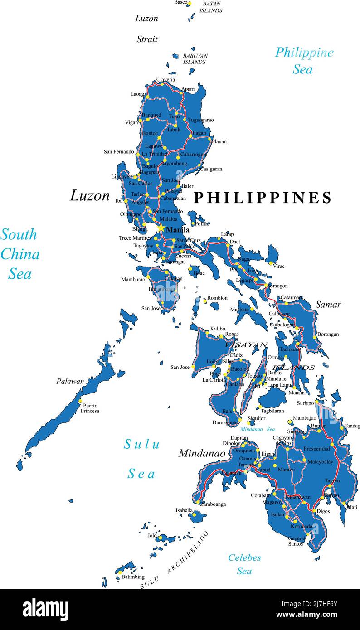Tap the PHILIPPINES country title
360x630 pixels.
[x=263, y=198]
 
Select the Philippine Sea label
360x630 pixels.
[x=304, y=61]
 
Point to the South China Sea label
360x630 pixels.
[x=19, y=254]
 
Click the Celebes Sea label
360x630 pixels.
[x=244, y=564]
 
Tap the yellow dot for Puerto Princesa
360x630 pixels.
[x=80, y=401]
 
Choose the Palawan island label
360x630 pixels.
[x=70, y=381]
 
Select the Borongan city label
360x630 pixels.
[x=328, y=334]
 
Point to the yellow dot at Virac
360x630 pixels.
[x=270, y=263]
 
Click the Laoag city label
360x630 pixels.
[x=137, y=94]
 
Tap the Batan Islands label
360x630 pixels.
[x=211, y=7]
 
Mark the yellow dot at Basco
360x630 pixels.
[x=190, y=4]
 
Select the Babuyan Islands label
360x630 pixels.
[x=195, y=59]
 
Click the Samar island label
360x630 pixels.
[x=328, y=305]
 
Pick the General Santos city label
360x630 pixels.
[x=296, y=541]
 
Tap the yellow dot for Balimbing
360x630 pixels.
[x=120, y=572]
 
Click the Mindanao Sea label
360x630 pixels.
[x=258, y=429]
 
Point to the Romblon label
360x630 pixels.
[x=217, y=298]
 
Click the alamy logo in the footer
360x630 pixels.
[x=45, y=609]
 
